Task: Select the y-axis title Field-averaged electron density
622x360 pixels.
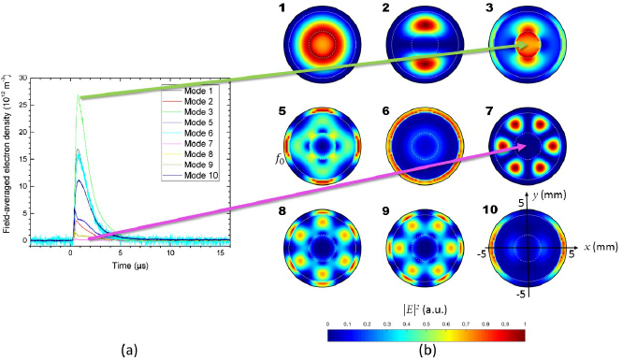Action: coord(8,159)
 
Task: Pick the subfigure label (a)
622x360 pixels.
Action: coord(133,350)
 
